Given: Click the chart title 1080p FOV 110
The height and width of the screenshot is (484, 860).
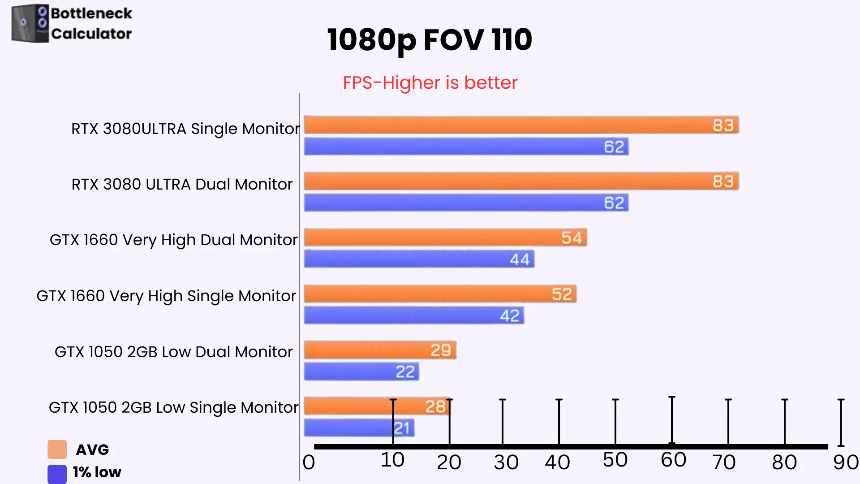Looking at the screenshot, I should click(430, 40).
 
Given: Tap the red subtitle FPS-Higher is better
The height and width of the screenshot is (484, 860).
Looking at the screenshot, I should click(430, 83).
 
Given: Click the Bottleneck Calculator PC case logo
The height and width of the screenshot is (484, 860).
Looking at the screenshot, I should click(30, 24).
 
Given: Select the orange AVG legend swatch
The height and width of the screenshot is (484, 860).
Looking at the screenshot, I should click(57, 449).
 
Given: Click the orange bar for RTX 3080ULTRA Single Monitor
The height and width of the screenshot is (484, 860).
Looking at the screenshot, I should click(521, 125).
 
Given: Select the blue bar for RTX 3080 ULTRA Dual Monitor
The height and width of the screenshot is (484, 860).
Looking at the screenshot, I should click(466, 203).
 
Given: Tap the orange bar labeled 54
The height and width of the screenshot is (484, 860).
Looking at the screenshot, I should click(445, 238).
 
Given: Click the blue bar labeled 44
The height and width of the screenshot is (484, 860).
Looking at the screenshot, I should click(419, 259).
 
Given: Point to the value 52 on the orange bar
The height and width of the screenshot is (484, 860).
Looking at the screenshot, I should click(562, 294).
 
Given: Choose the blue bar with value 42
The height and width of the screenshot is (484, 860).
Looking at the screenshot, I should click(414, 315).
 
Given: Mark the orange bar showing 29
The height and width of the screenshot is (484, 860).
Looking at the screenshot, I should click(380, 350).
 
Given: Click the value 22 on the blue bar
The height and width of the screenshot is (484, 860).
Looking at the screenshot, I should click(405, 372).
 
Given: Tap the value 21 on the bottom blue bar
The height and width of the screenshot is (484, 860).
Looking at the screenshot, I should click(402, 428).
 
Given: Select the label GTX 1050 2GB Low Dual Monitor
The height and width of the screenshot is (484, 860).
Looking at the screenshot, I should click(173, 352).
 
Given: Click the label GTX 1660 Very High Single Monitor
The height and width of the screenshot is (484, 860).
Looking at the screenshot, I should click(166, 296).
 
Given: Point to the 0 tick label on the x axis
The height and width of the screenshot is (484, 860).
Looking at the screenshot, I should click(309, 462).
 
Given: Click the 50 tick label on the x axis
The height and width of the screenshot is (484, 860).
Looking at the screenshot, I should click(615, 460).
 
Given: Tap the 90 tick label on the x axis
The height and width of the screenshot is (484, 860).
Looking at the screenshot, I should click(846, 462).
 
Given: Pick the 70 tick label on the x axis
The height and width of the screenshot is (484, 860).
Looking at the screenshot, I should click(724, 462).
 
